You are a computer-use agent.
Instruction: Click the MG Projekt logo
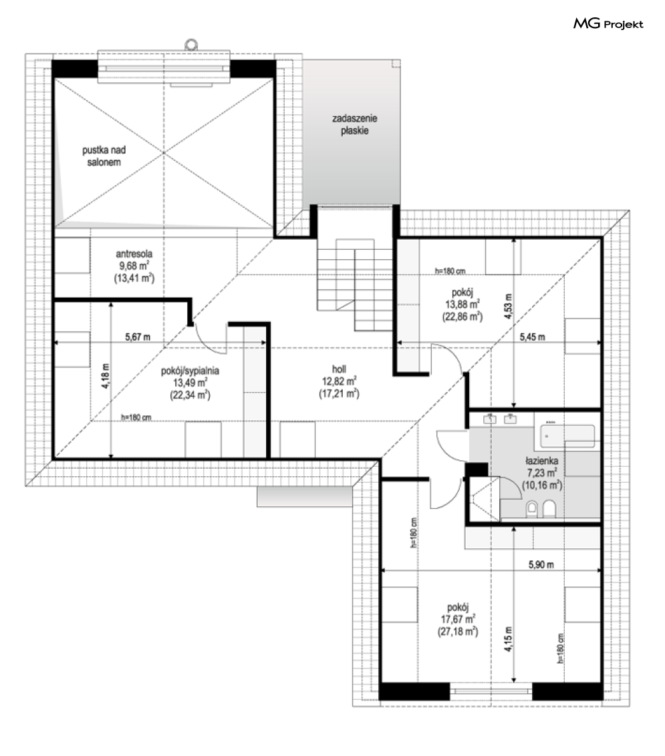point(608,23)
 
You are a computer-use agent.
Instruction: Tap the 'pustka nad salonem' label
point(104,156)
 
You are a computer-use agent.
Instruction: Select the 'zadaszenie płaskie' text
point(355,124)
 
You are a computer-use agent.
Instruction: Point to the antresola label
point(134,254)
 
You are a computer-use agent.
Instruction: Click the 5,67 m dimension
point(138,337)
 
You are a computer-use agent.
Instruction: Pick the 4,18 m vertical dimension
point(106,375)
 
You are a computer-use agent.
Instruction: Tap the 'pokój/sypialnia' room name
point(190,371)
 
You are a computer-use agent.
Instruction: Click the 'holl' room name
point(339,369)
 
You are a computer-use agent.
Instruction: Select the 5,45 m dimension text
point(532,337)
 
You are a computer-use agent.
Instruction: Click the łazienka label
point(542,461)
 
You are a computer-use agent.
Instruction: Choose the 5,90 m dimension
point(541,564)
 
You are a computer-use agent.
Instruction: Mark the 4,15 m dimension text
point(508,639)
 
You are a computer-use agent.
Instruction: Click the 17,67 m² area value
point(458,619)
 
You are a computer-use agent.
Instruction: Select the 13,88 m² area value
point(462,305)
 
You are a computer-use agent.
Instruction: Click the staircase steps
point(355,285)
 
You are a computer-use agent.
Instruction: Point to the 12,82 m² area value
point(339,381)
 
